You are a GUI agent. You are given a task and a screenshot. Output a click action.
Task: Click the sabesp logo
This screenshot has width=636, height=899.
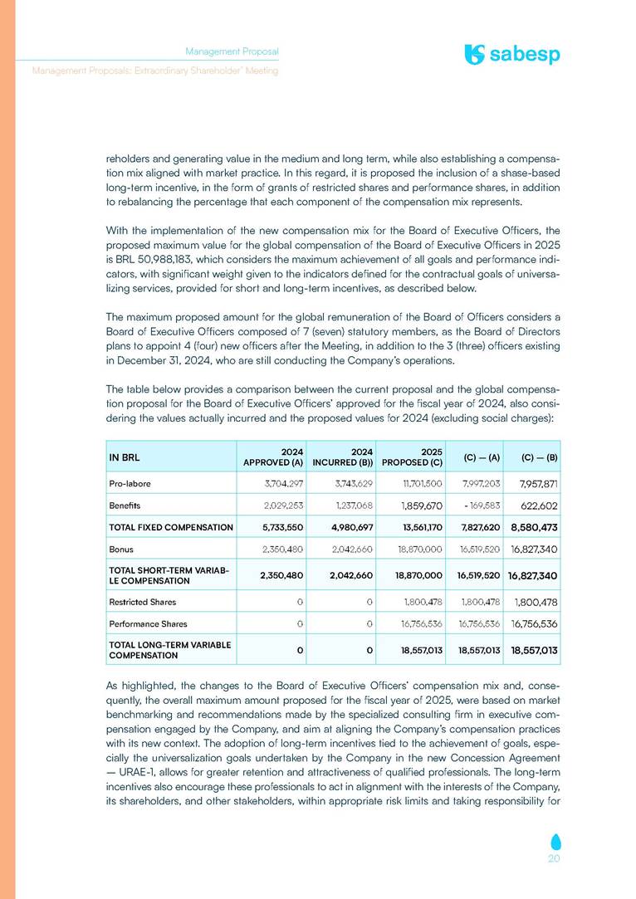[512, 55]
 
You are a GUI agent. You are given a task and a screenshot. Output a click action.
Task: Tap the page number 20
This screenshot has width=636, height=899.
[555, 859]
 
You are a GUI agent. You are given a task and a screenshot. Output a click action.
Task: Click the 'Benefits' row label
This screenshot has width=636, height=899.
[124, 504]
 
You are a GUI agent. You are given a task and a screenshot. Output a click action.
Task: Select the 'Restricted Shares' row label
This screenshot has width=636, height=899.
[142, 601]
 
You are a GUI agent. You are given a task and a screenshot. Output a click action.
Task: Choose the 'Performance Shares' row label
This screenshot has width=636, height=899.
[148, 623]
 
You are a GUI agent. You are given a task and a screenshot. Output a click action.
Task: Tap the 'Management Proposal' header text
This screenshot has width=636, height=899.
[232, 51]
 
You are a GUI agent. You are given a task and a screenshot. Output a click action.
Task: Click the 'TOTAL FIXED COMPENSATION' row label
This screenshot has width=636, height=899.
[171, 526]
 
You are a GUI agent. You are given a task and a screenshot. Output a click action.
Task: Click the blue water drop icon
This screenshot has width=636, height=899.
[554, 839]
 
